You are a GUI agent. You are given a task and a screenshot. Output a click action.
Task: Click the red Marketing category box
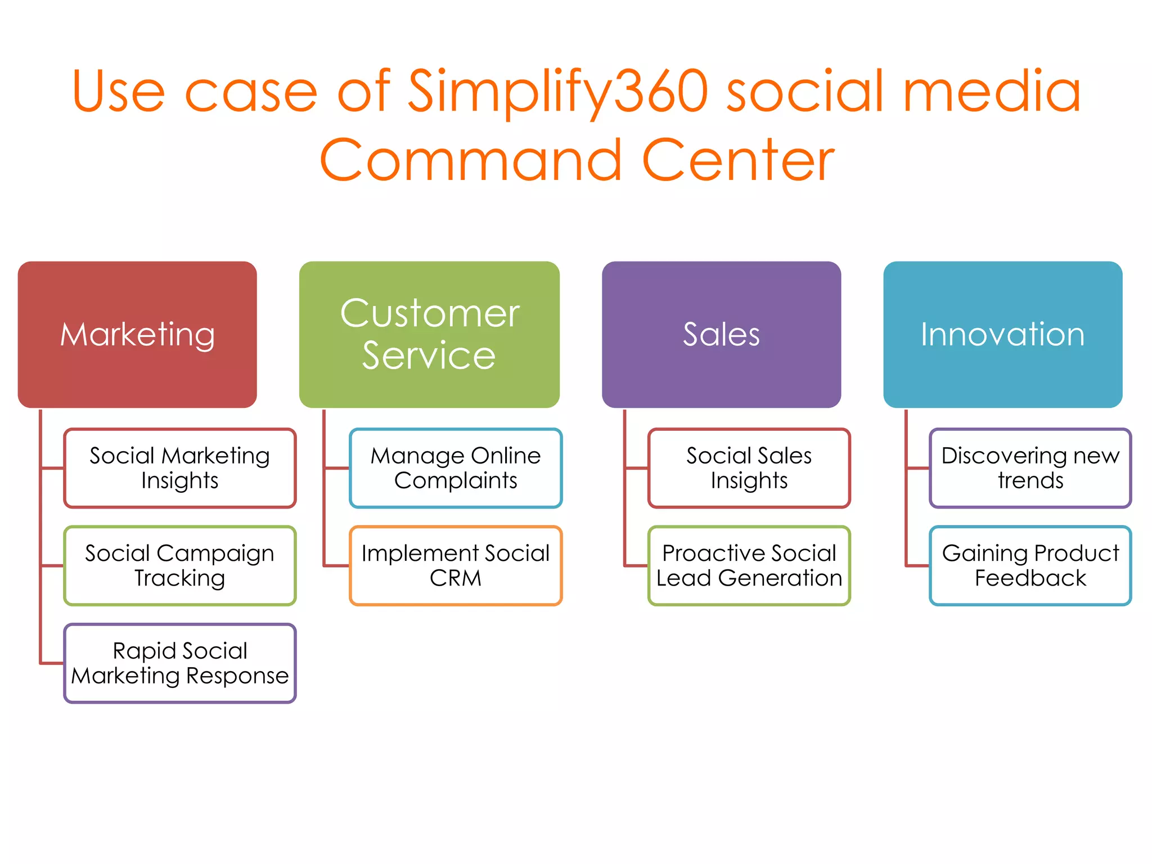tap(137, 334)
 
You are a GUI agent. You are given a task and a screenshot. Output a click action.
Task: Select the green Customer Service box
tap(429, 334)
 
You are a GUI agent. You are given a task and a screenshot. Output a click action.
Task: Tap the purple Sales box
tap(721, 334)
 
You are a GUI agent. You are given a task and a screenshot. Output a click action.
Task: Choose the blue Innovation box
tap(1002, 334)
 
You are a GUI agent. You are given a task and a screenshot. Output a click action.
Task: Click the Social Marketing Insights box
tap(180, 468)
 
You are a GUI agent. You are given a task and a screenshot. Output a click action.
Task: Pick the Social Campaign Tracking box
tap(180, 565)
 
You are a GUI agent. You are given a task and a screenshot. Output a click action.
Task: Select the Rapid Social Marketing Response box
tap(180, 663)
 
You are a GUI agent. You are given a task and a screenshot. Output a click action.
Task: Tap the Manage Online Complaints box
tap(456, 468)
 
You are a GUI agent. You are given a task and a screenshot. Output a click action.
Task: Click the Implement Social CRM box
tap(456, 565)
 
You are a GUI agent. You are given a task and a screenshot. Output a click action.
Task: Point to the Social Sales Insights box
tap(749, 468)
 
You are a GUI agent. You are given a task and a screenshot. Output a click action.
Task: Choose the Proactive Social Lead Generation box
tap(749, 565)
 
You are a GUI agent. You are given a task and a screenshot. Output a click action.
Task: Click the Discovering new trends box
tap(1030, 468)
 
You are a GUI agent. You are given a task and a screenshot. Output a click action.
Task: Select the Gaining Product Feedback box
tap(1030, 565)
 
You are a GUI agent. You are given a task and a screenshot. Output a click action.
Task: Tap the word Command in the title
tap(470, 161)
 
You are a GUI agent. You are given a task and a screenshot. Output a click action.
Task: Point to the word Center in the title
tap(738, 161)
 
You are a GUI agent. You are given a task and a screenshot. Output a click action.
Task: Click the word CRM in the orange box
tap(456, 578)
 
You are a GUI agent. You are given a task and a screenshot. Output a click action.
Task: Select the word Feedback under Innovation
tap(1030, 578)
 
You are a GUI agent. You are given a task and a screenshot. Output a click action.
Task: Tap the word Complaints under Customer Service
tap(456, 481)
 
